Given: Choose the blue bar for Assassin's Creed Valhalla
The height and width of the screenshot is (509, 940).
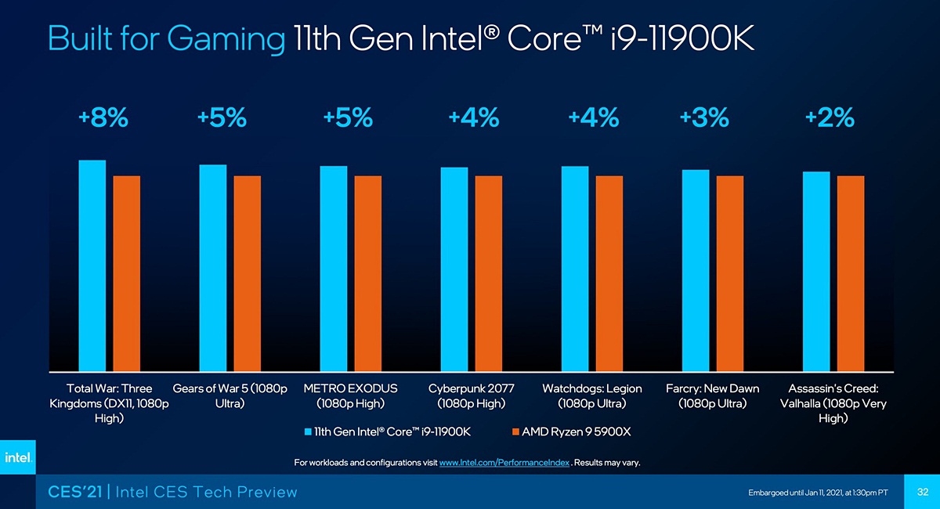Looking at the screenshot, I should tap(816, 271).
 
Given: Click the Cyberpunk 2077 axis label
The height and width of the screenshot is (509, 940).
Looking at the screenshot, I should tap(472, 396).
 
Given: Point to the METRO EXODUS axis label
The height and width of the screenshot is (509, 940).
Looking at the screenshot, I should tap(351, 396).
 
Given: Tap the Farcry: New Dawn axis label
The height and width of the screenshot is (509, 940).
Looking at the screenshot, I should tap(712, 396).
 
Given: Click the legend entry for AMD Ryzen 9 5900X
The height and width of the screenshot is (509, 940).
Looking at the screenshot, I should tap(570, 432).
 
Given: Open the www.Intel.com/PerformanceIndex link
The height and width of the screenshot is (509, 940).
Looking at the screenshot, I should tap(504, 463).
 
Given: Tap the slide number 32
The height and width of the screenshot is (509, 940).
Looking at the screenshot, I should tap(922, 491).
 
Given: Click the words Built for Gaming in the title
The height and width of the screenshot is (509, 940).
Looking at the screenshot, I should tap(165, 39).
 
